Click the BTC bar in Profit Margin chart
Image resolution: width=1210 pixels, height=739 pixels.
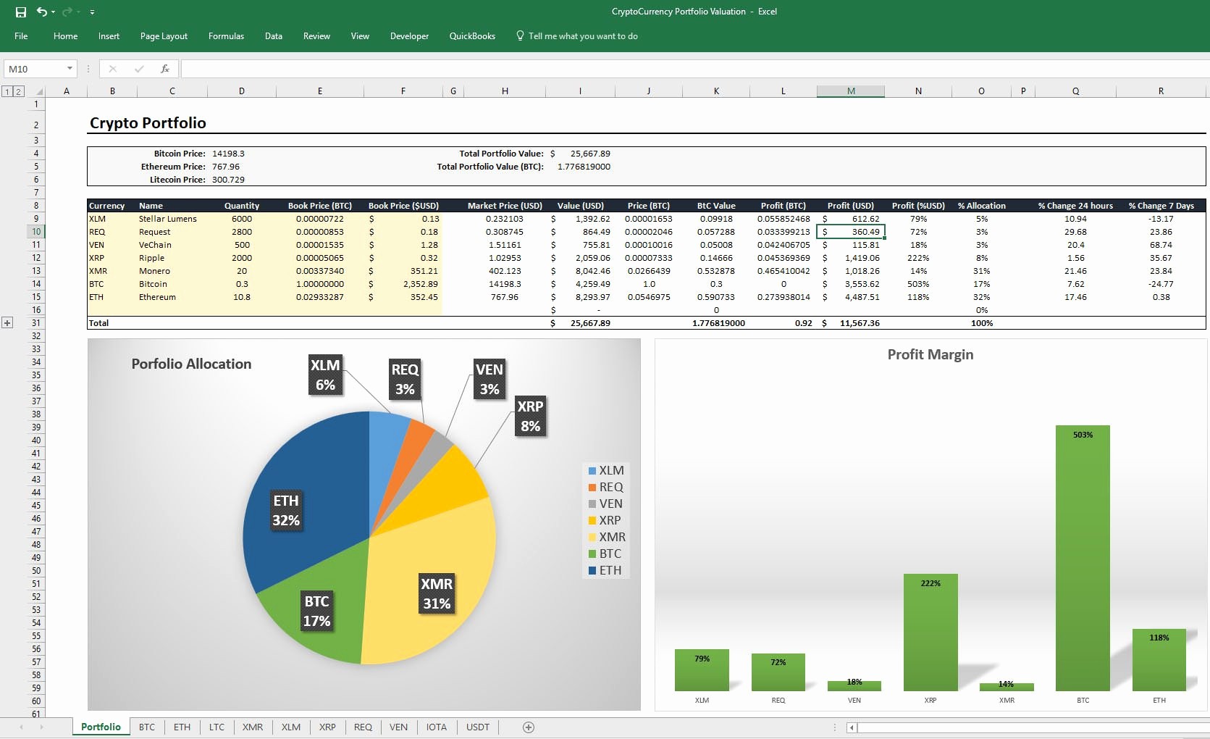(1083, 558)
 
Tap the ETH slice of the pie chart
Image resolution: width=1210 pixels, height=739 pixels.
(304, 500)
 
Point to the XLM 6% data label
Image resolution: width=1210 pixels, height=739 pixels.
(325, 375)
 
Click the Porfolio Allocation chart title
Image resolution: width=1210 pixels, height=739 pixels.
(191, 364)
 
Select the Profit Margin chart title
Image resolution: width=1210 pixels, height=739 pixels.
(930, 354)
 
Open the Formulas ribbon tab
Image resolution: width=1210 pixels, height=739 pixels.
(226, 36)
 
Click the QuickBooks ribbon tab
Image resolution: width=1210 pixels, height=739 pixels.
(472, 36)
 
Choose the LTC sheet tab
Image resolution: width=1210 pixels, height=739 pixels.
(217, 727)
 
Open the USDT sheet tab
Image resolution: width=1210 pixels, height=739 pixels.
(478, 727)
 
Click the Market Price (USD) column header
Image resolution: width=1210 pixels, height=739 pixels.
(505, 206)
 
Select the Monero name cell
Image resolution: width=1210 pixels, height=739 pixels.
(155, 271)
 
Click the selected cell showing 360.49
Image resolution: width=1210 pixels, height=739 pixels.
(852, 232)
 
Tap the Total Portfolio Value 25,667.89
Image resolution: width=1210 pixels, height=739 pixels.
(590, 154)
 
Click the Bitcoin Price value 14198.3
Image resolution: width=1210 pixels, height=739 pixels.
(228, 154)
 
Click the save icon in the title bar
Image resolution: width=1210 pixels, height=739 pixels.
(21, 12)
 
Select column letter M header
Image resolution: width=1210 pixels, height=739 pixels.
(851, 91)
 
